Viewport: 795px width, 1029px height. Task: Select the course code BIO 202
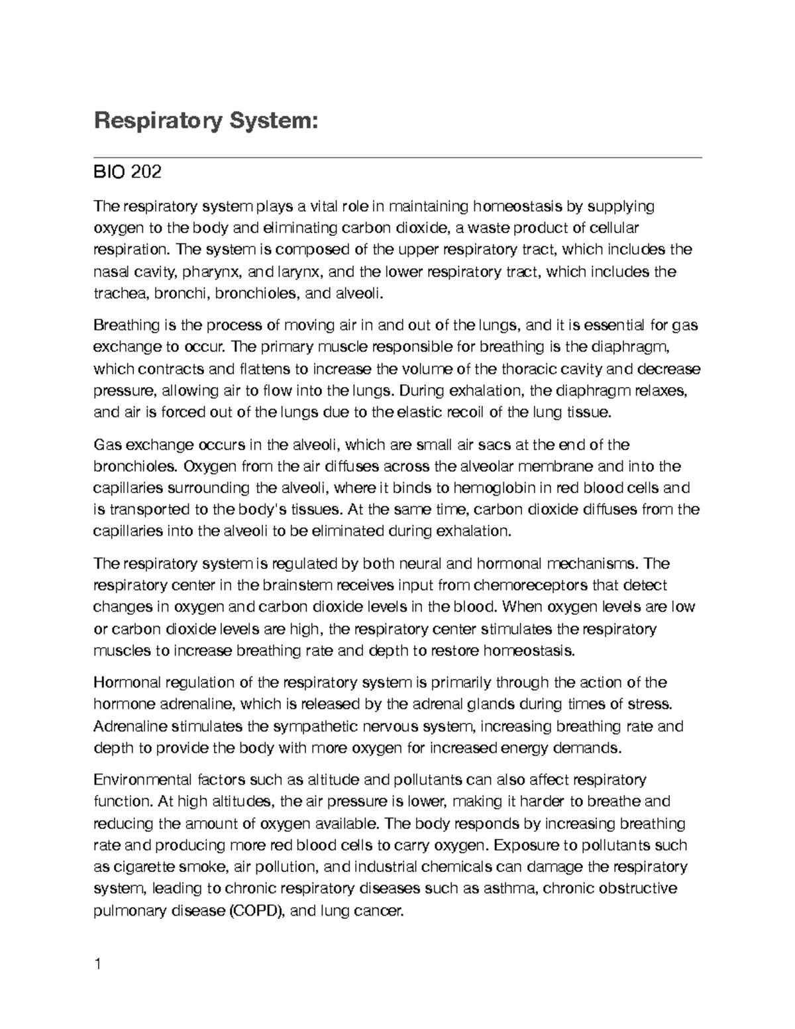point(127,173)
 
